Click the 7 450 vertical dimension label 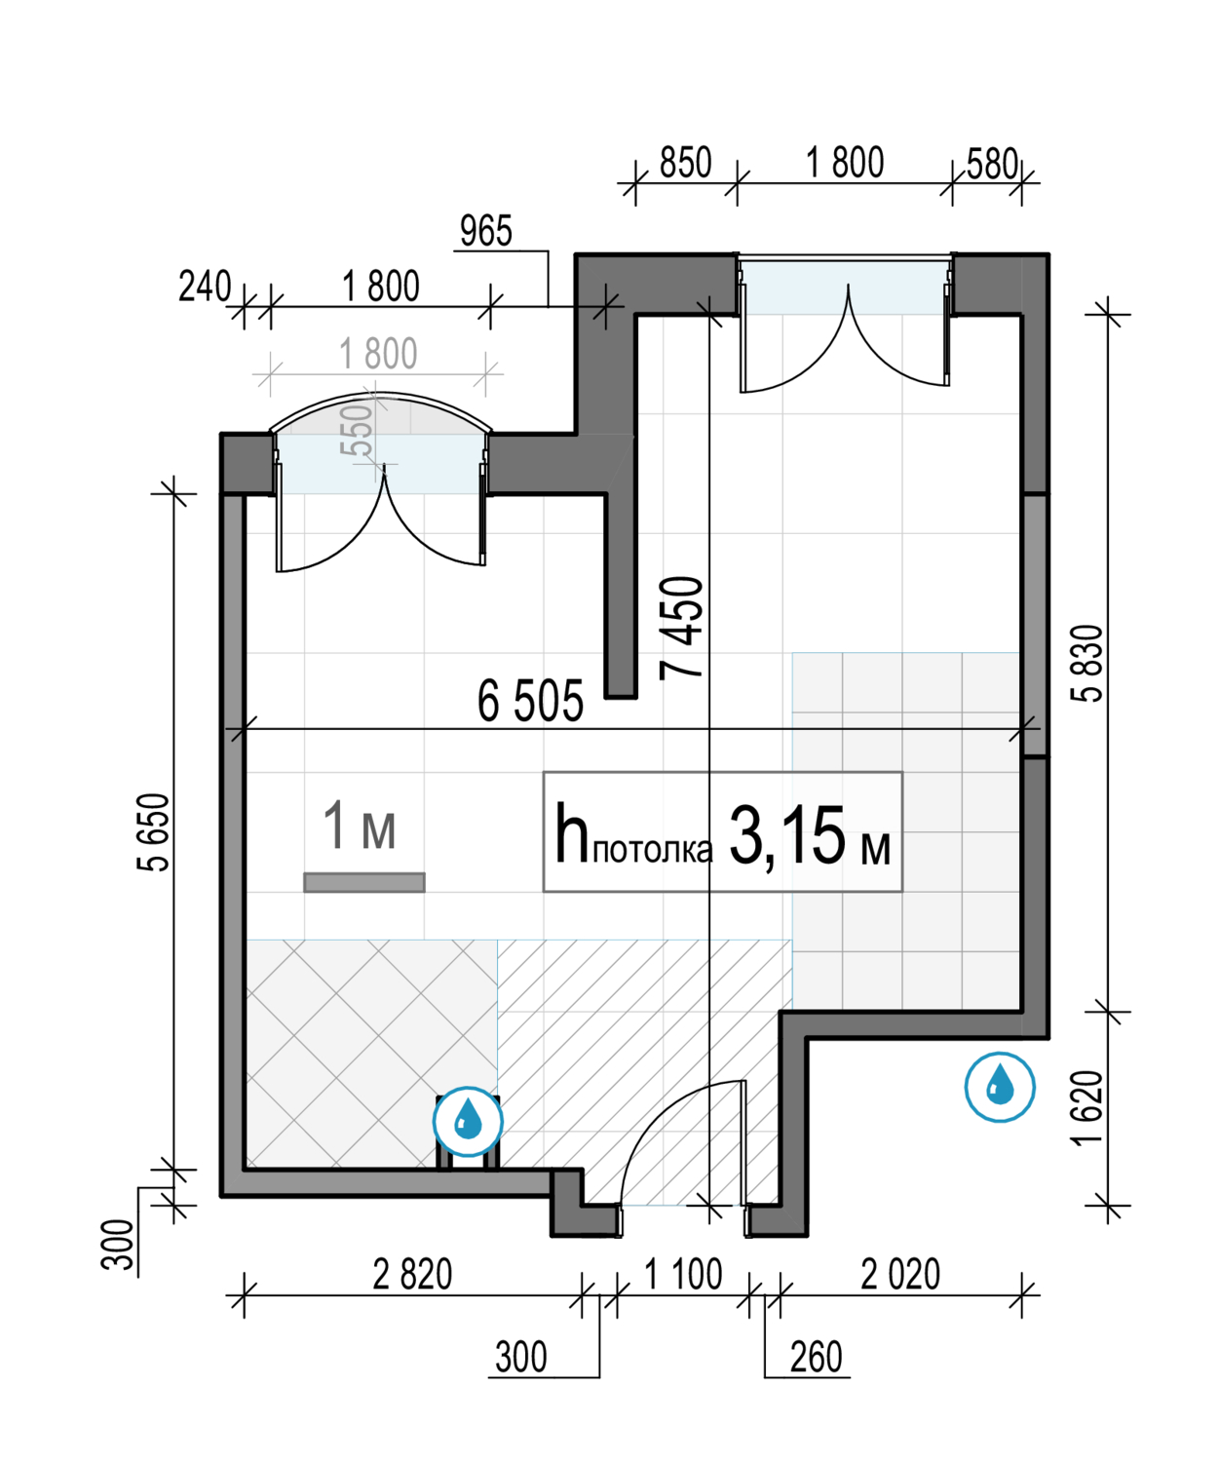point(680,628)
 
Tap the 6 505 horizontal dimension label point(530,701)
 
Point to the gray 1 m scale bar point(364,882)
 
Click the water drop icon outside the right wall point(1000,1088)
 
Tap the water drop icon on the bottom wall point(468,1122)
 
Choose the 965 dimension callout point(486,231)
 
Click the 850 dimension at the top point(685,163)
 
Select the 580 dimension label point(991,165)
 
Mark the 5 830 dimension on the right point(1086,663)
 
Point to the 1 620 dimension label point(1086,1108)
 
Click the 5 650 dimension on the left point(153,832)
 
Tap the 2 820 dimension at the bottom point(412,1274)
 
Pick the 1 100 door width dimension point(683,1274)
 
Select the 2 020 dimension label point(899,1274)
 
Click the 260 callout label point(816,1358)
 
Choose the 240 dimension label point(205,287)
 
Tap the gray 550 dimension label point(357,430)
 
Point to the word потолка point(653,850)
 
